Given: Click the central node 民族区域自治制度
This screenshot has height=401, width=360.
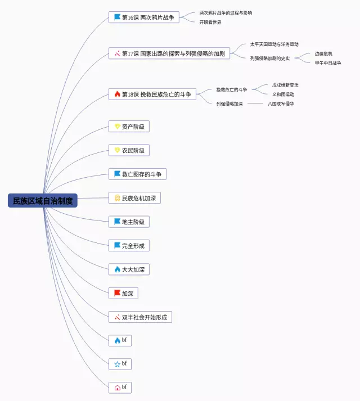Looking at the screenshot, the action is click(x=43, y=201).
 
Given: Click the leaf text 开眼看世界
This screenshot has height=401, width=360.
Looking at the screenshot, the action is click(x=210, y=22).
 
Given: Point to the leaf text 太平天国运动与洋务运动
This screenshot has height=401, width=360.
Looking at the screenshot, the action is click(x=274, y=44).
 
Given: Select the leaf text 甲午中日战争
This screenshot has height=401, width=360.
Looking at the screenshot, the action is click(x=327, y=63).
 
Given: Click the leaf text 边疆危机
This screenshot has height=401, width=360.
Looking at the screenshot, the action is click(x=323, y=54).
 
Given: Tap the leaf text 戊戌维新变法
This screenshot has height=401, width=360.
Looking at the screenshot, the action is click(x=285, y=85).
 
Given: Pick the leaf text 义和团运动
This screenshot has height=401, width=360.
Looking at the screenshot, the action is click(x=283, y=94).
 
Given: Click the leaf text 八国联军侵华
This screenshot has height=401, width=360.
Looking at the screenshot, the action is click(x=281, y=104).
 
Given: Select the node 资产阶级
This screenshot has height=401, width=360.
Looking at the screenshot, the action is click(x=129, y=127).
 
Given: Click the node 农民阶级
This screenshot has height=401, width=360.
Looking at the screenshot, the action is click(x=129, y=150).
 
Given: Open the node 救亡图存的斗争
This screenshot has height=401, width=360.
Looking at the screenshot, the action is click(x=137, y=174).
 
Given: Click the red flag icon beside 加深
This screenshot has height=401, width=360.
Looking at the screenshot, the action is click(x=117, y=293).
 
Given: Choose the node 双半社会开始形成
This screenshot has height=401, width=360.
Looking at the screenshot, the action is click(x=140, y=317).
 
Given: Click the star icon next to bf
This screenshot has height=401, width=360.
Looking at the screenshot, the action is click(x=117, y=364).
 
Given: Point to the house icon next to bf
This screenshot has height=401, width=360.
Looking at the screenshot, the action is click(x=117, y=388).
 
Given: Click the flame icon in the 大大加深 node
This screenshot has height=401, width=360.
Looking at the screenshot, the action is click(x=117, y=269).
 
